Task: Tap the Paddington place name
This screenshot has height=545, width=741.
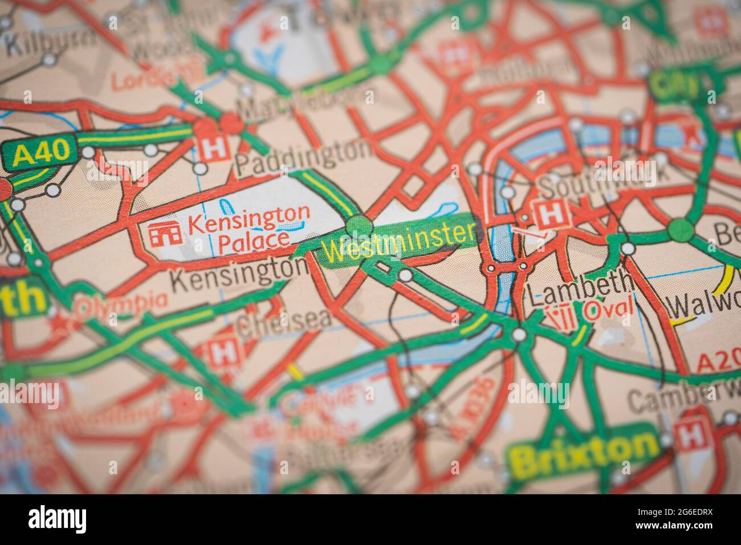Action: click(303, 151)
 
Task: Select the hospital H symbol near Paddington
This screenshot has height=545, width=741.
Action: click(214, 148)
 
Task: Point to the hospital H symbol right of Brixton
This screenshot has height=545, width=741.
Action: click(691, 435)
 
